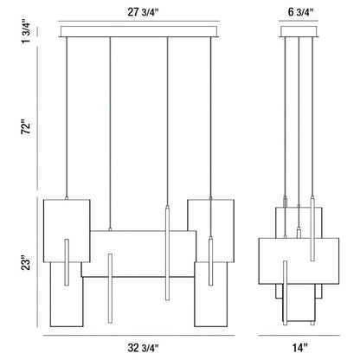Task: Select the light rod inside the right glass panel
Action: [210, 260]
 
